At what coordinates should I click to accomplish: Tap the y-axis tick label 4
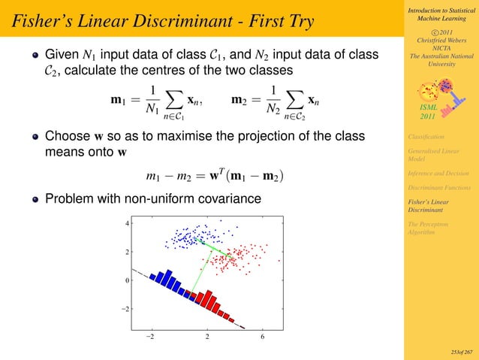pos(128,224)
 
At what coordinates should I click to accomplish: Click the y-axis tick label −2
pos(126,309)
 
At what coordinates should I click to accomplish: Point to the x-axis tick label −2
pos(150,337)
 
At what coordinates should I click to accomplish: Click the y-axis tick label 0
pos(128,280)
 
